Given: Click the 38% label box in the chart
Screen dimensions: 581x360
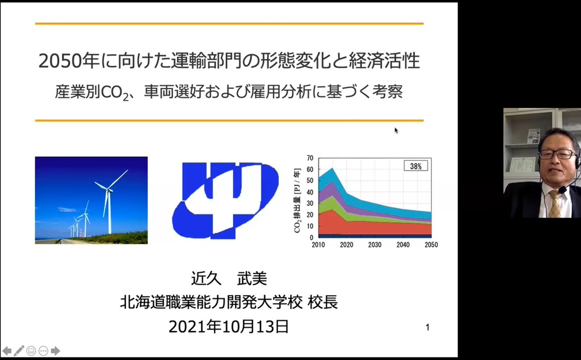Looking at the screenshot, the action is click(x=416, y=166).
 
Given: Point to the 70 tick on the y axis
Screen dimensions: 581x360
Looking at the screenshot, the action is click(x=310, y=158).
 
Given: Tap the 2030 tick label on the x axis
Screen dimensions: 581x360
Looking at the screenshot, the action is click(x=374, y=245).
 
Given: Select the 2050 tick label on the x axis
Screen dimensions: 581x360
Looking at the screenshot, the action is click(x=431, y=245).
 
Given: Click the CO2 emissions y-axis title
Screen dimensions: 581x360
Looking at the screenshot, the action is click(x=297, y=201).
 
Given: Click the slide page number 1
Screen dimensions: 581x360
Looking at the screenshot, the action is click(x=427, y=327).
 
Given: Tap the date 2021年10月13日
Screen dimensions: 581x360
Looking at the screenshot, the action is click(x=229, y=327).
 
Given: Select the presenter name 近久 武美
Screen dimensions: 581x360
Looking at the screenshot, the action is click(x=229, y=278).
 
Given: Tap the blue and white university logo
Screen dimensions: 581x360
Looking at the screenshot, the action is click(x=225, y=201).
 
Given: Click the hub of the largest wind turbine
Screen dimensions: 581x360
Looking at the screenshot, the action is click(x=108, y=190).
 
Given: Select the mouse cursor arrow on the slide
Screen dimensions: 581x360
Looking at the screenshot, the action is click(x=396, y=130).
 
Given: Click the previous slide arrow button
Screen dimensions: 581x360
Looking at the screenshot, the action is click(x=6, y=351).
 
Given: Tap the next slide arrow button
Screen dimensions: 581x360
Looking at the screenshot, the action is click(x=55, y=351).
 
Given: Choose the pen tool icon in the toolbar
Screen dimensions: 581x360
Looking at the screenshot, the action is click(x=19, y=351).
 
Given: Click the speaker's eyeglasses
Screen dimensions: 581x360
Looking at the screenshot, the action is click(x=557, y=154).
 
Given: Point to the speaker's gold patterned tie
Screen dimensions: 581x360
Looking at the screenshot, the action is click(x=555, y=204).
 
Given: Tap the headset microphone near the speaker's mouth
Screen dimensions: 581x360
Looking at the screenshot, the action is click(x=563, y=190).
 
